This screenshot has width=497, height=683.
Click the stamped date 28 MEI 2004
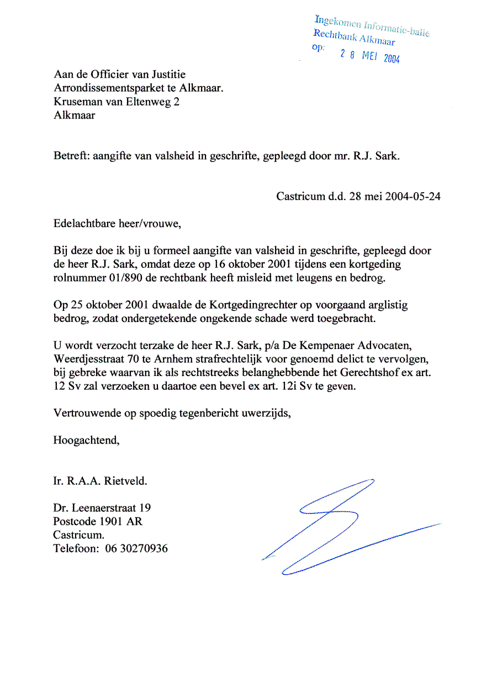point(370,56)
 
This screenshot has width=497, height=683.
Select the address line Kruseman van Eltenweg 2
point(117,102)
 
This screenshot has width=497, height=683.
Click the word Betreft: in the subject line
point(71,156)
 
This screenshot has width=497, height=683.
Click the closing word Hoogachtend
point(86,440)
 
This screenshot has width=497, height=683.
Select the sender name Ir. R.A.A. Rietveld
point(101,481)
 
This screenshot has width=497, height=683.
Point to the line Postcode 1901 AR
point(98,521)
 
